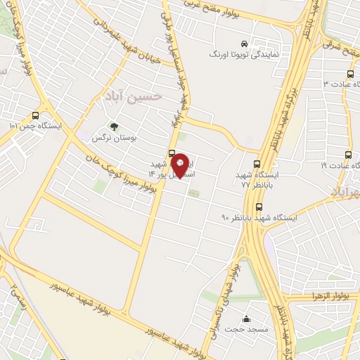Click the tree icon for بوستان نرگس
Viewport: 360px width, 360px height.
click(x=114, y=127)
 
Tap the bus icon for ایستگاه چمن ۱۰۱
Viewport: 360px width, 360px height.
click(x=36, y=116)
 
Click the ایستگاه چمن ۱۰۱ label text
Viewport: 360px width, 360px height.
click(x=35, y=127)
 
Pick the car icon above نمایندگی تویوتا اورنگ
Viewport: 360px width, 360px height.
click(x=244, y=42)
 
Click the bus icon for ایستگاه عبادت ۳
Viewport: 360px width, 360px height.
click(x=351, y=74)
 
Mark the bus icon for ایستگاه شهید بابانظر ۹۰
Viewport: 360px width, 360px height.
click(x=259, y=207)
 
